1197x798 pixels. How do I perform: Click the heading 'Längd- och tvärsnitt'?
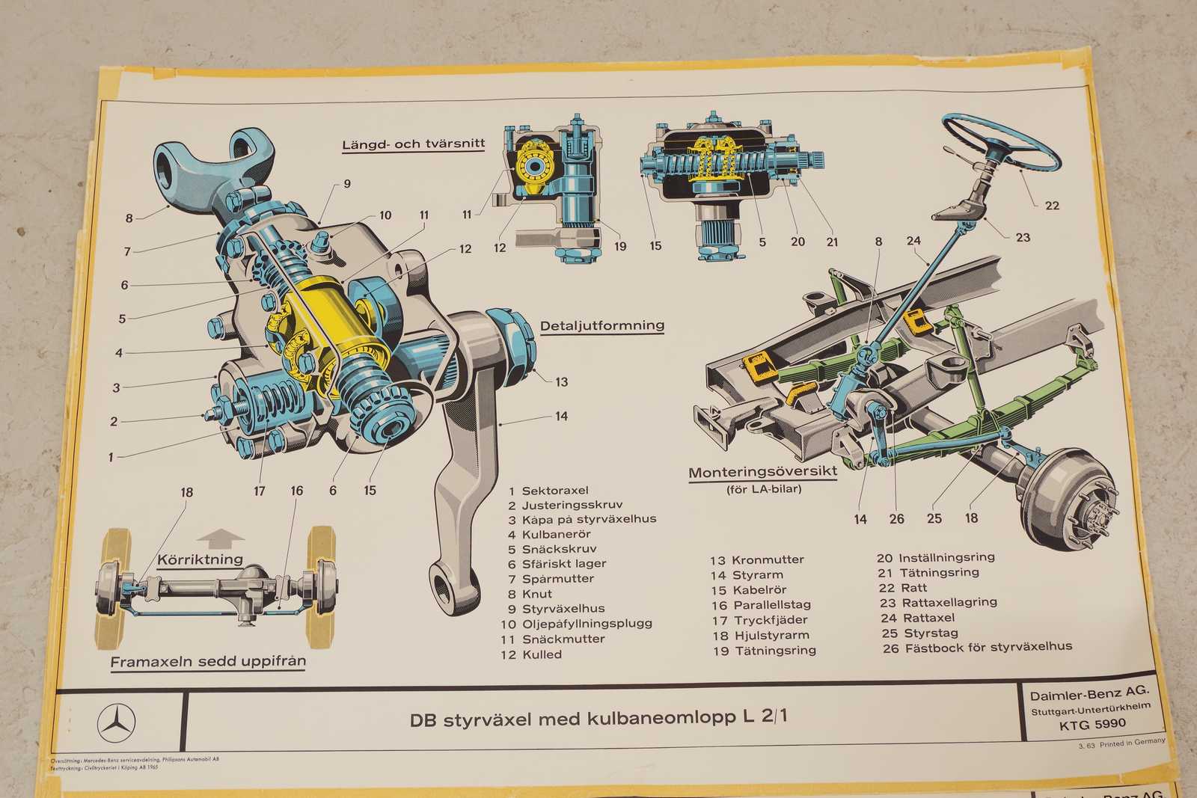coord(414,144)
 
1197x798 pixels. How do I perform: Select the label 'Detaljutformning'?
coord(602,326)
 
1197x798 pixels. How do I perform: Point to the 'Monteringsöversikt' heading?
coord(762,473)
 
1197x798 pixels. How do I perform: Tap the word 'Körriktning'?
coord(200,559)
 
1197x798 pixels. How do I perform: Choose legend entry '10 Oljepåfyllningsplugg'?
coord(576,624)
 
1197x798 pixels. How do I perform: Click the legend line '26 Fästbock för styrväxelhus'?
coord(977,648)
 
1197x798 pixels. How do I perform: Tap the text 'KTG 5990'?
coord(1092,724)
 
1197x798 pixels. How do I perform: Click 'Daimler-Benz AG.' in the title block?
coord(1089,695)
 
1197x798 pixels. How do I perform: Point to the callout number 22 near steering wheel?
coord(1052,206)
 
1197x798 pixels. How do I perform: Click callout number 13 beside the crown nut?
coord(562,381)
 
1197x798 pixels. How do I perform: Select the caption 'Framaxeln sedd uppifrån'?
coord(208,662)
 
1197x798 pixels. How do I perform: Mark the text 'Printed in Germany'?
coord(1132,743)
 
